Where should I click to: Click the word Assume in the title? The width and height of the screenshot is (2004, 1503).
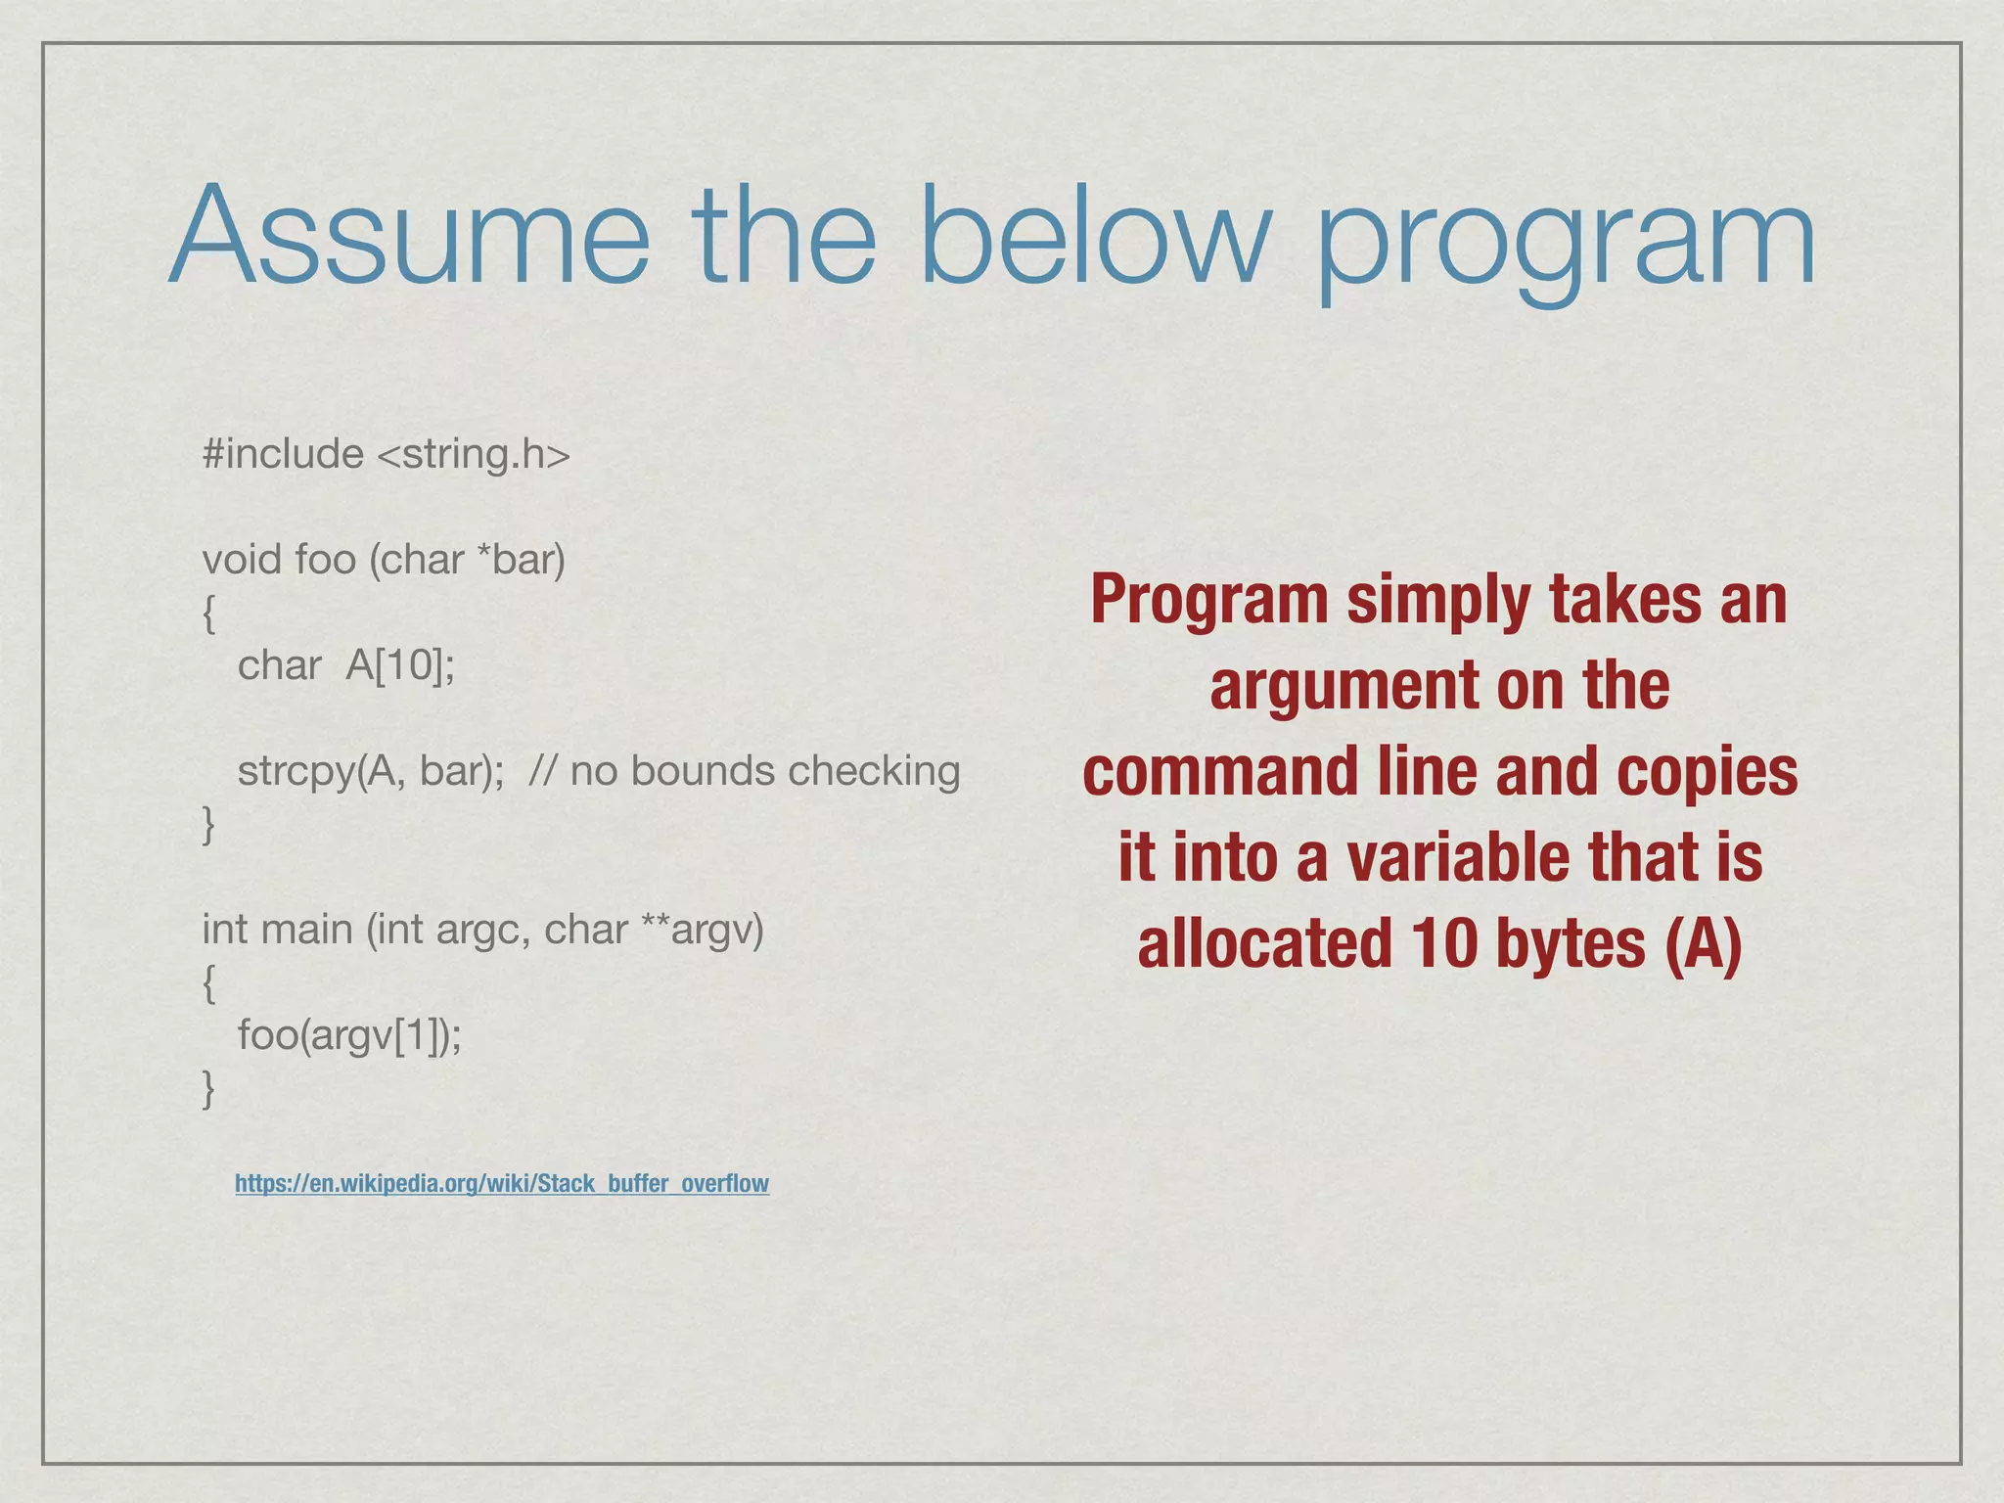coord(409,237)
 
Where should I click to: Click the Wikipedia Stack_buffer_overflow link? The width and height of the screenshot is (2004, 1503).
coord(502,1183)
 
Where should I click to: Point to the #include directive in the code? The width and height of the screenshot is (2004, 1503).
coord(283,454)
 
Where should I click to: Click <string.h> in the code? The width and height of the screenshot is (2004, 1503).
coord(473,454)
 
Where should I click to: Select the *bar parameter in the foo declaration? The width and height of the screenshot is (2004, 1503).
coord(521,560)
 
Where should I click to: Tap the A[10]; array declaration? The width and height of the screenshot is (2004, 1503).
coord(400,665)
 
